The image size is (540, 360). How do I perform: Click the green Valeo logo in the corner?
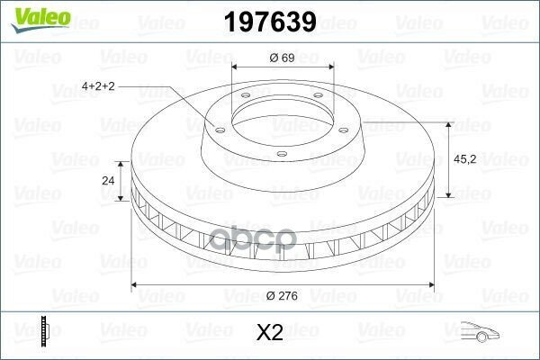(x=40, y=20)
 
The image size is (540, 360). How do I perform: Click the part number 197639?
(x=270, y=22)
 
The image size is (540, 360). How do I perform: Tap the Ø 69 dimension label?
(x=282, y=58)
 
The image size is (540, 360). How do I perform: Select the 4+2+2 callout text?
(x=98, y=85)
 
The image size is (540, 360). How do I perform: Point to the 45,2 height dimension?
(x=465, y=159)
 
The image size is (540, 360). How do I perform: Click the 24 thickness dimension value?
(x=108, y=180)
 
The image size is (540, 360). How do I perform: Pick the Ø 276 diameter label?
(x=282, y=295)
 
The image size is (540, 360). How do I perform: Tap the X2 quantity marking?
(x=270, y=332)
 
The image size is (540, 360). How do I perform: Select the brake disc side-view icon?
(x=45, y=331)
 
